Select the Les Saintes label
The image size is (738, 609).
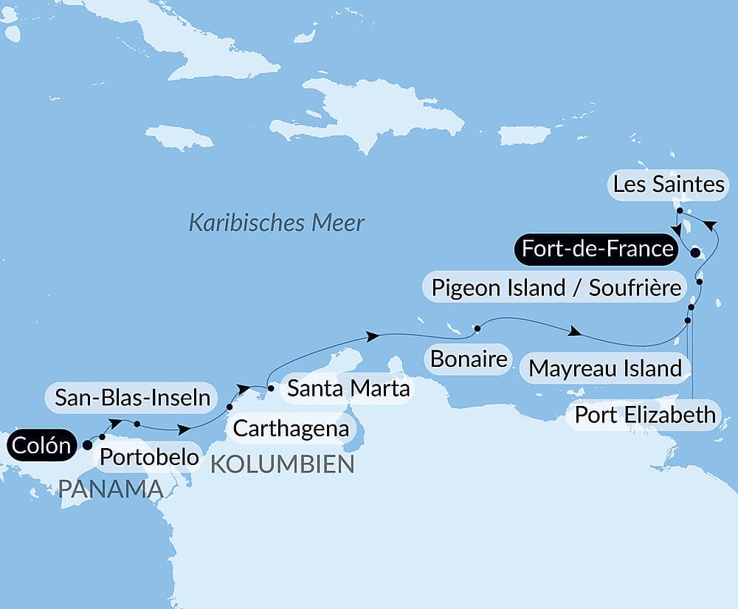coord(669,184)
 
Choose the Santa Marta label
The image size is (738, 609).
coord(348,388)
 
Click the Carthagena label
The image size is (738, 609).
coord(290,427)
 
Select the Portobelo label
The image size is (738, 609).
coord(149,456)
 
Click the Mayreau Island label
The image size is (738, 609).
coord(605,368)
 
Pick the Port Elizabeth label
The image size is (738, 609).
coord(645,414)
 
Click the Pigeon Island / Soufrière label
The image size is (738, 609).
coord(556,287)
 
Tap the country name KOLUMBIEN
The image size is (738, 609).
coord(283,464)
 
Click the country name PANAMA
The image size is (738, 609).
coord(111,489)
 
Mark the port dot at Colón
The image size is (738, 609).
coord(87,444)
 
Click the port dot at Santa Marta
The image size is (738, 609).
coord(271,388)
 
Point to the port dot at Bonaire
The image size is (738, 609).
coord(477,328)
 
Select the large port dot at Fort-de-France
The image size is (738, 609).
coord(694,253)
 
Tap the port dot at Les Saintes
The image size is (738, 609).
coord(679,210)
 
